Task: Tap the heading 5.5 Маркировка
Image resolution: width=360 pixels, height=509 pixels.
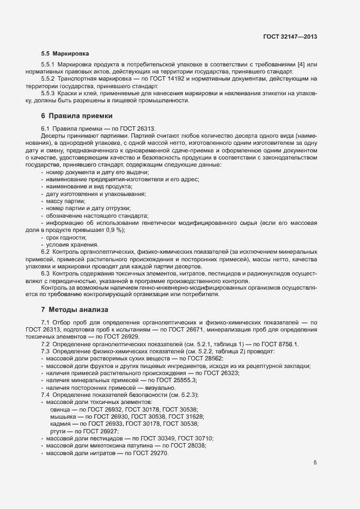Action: coord(65,54)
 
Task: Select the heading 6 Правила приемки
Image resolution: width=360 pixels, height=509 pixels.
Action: coord(77,116)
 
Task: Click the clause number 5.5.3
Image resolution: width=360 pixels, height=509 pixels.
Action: coord(50,93)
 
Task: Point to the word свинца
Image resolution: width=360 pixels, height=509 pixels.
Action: coord(59,409)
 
